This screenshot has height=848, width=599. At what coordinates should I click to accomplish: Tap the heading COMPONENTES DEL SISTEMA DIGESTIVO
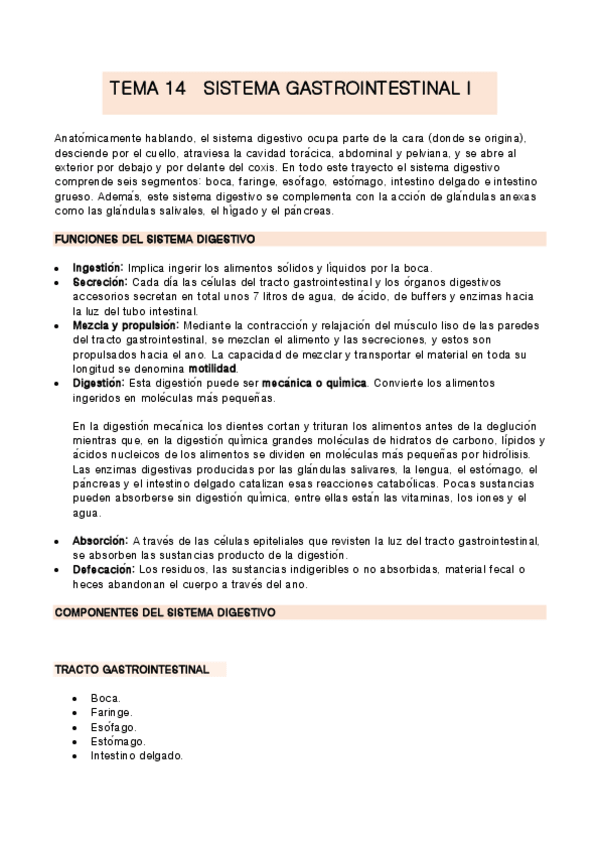(x=164, y=611)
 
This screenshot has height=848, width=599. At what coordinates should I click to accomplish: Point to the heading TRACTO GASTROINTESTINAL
(x=131, y=669)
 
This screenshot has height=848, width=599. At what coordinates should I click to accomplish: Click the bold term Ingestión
(x=97, y=268)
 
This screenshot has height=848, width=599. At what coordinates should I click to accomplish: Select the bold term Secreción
(x=97, y=283)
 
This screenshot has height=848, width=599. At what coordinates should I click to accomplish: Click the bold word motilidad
(x=213, y=369)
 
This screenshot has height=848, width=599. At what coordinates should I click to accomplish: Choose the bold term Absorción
(x=100, y=541)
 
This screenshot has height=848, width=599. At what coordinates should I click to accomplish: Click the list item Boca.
(x=105, y=698)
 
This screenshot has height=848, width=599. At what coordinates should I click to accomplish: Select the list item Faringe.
(x=111, y=712)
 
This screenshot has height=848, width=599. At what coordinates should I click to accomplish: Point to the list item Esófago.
(x=112, y=727)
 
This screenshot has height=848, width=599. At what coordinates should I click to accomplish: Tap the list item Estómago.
(x=117, y=742)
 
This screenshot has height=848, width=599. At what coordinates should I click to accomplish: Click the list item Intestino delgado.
(x=136, y=756)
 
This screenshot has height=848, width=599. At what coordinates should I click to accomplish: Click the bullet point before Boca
(x=76, y=698)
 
